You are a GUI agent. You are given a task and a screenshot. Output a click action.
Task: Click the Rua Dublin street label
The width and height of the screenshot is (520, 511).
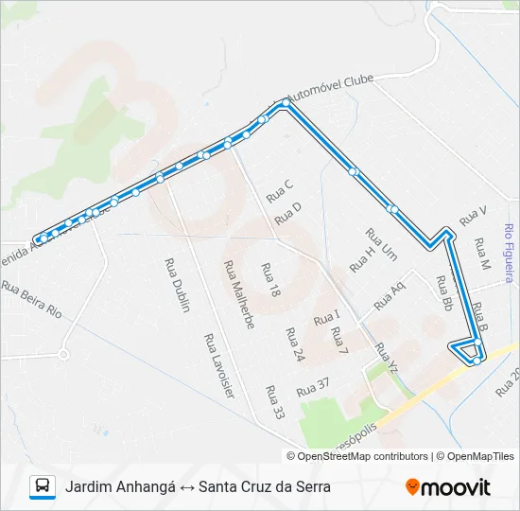point(177,281)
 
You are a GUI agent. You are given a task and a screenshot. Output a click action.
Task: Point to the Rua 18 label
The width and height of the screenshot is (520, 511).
point(271,281)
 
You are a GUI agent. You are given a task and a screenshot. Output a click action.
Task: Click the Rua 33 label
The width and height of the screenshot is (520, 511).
point(275,402)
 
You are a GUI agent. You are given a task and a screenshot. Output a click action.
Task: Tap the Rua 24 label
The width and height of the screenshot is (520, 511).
point(293,345)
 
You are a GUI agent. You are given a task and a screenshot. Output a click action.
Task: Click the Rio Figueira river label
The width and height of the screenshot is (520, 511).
point(509,253)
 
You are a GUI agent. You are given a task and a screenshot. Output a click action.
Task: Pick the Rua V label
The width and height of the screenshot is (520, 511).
point(473,217)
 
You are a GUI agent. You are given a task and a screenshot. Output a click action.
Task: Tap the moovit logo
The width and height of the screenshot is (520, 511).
point(448,487)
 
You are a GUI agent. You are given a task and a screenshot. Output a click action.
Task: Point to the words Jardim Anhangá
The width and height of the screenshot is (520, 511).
point(121,487)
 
